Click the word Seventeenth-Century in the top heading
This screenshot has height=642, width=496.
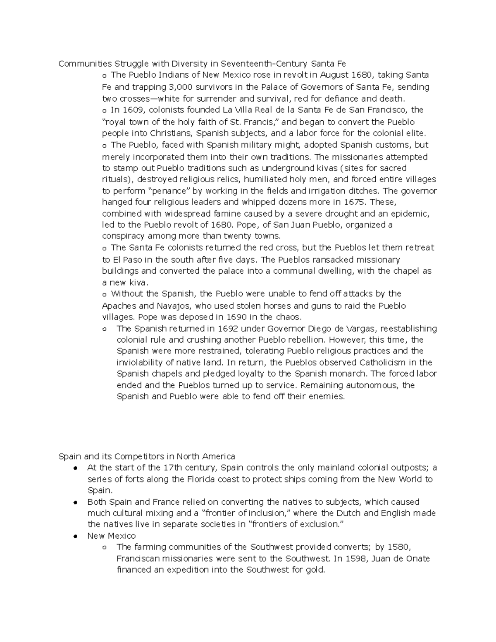click(x=264, y=64)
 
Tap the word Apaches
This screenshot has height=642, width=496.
click(x=119, y=306)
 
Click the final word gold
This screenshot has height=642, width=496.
click(x=316, y=570)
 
